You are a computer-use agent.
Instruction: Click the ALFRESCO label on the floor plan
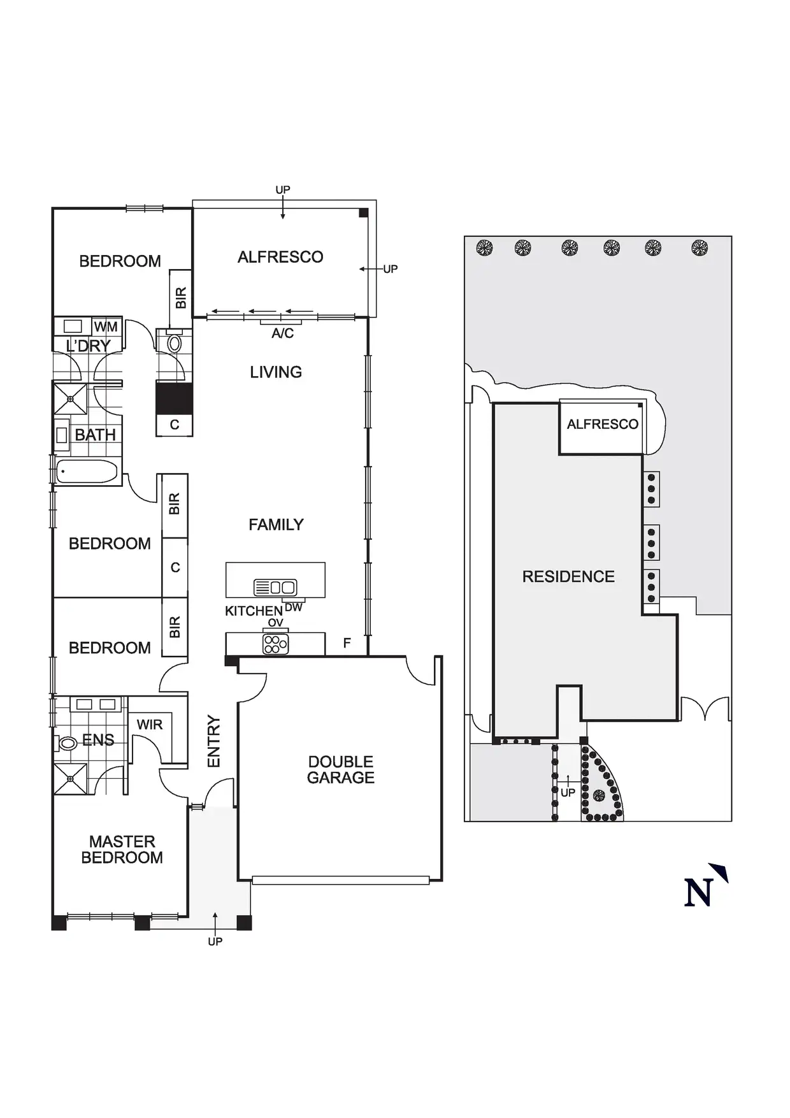[x=280, y=257]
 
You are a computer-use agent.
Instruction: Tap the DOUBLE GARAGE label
[x=341, y=769]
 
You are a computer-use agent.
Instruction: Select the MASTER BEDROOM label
[x=122, y=850]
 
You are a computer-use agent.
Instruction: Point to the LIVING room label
[x=276, y=372]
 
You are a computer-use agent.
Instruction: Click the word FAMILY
[x=276, y=525]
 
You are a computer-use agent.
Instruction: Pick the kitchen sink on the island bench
[x=275, y=587]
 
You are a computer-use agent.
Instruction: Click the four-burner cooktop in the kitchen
[x=275, y=644]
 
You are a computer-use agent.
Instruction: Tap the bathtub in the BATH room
[x=87, y=472]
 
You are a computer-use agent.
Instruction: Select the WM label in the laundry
[x=106, y=327]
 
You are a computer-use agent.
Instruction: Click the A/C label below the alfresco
[x=283, y=333]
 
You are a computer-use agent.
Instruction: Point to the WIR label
[x=150, y=725]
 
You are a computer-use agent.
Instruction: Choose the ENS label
[x=98, y=740]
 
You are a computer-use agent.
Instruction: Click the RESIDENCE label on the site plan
[x=568, y=577]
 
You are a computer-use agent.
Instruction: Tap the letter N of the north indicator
[x=698, y=892]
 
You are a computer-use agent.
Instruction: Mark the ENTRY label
[x=214, y=741]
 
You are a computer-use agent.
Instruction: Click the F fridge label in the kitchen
[x=347, y=643]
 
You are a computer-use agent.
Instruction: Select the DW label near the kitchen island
[x=294, y=607]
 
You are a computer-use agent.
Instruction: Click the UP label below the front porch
[x=215, y=941]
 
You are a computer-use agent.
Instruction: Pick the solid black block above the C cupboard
[x=174, y=398]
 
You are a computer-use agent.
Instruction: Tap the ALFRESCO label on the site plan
[x=602, y=425]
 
